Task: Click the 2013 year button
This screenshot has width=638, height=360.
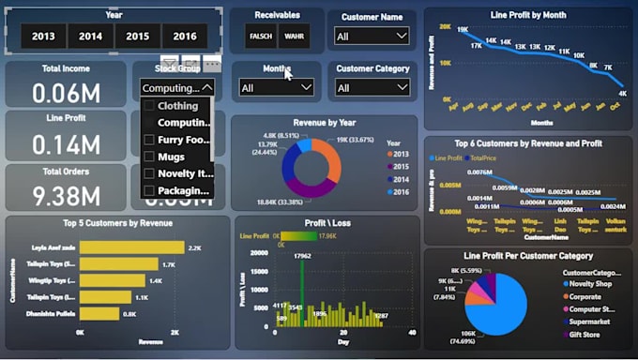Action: click(x=43, y=36)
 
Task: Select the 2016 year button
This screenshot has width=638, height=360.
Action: click(x=185, y=36)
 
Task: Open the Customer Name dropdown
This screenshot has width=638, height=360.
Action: click(x=372, y=36)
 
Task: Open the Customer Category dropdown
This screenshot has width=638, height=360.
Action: click(x=372, y=88)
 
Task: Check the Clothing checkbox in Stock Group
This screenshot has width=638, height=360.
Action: click(x=148, y=106)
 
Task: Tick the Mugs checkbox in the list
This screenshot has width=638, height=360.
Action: click(x=148, y=157)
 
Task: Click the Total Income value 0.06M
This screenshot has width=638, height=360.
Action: click(x=66, y=92)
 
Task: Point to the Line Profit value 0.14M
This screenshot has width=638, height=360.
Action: click(x=66, y=143)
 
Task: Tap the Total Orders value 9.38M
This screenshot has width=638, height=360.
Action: click(x=66, y=195)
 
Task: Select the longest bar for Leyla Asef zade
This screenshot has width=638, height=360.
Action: click(x=132, y=247)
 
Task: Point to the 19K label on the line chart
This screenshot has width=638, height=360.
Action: click(x=463, y=29)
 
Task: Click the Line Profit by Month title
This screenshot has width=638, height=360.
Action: click(x=528, y=15)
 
